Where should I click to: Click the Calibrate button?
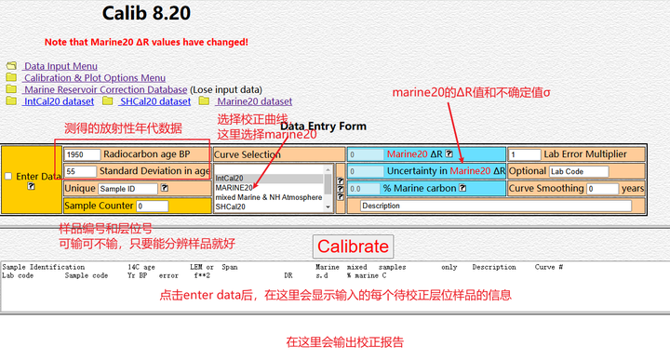click(x=353, y=247)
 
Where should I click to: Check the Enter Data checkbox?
click(x=8, y=176)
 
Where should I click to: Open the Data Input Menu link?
click(x=60, y=66)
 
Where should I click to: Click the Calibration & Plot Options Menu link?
click(x=94, y=78)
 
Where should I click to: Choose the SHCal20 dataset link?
click(x=155, y=101)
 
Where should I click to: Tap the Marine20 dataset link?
click(x=253, y=101)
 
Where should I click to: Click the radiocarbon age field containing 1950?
click(x=82, y=154)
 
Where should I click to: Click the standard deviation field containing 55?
click(x=82, y=171)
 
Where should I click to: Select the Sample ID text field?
click(x=127, y=188)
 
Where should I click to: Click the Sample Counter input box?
click(x=152, y=206)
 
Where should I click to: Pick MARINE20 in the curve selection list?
click(x=234, y=187)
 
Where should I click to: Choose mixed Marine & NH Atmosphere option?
click(x=269, y=197)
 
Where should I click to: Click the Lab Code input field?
click(x=578, y=171)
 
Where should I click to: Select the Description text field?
click(x=494, y=206)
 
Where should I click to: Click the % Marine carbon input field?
click(x=364, y=188)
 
